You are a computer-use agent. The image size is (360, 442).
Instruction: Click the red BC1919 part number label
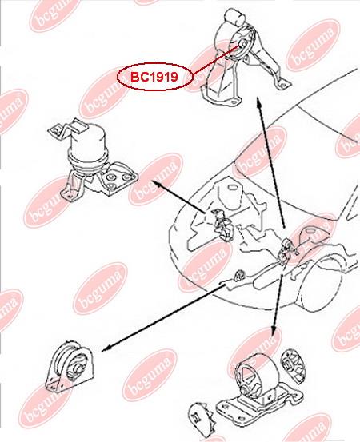click(x=154, y=77)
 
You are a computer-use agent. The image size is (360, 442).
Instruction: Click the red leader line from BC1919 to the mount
click(x=217, y=59)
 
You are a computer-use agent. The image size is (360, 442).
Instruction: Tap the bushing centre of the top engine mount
click(x=242, y=44)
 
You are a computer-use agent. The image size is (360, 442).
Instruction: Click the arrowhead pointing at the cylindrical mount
click(x=156, y=184)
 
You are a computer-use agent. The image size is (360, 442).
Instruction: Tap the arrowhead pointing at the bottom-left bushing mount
click(x=106, y=348)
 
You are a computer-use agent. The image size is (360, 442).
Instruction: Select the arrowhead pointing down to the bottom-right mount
click(x=273, y=330)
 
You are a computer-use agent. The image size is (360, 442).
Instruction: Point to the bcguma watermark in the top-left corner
click(x=54, y=14)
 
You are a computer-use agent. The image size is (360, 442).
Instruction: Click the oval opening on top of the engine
click(x=232, y=188)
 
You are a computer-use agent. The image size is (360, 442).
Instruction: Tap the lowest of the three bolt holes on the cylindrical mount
click(x=112, y=186)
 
